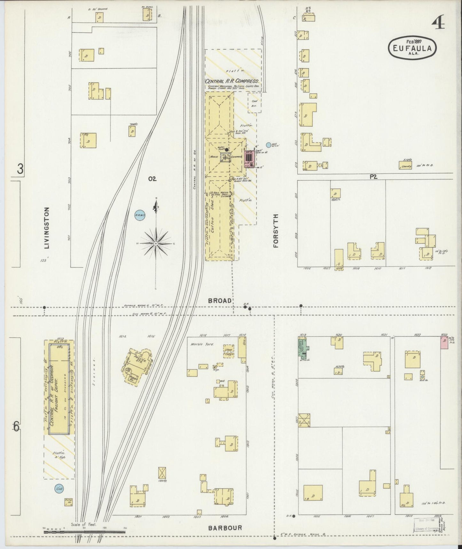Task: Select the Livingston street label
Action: (x=47, y=228)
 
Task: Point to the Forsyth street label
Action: (x=276, y=231)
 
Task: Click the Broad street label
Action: (x=220, y=301)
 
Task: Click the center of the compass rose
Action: (x=156, y=244)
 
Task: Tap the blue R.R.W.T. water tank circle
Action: (x=140, y=216)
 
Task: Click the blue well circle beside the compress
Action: (x=269, y=145)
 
